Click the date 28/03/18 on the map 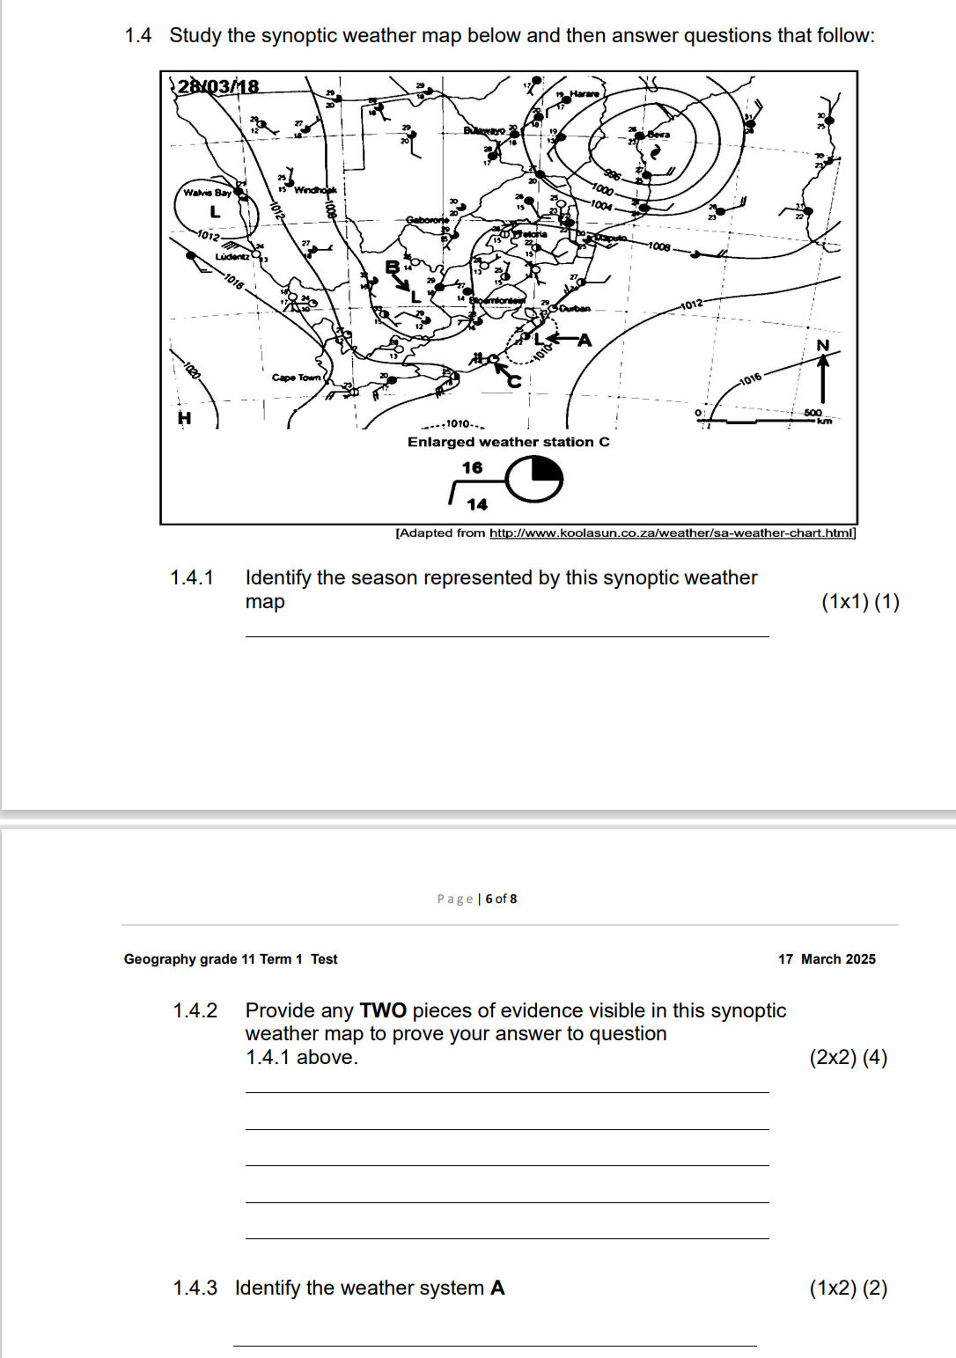click(x=218, y=86)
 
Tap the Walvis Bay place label click(x=207, y=193)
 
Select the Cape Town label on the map click(x=296, y=378)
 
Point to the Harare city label click(x=585, y=93)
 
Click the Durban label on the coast click(x=575, y=309)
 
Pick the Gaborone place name click(x=427, y=220)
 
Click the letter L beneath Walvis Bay click(x=215, y=212)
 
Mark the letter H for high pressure click(x=184, y=418)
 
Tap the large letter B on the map click(x=393, y=267)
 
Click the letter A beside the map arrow click(x=585, y=340)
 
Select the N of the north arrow click(x=823, y=346)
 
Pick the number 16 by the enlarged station click(x=473, y=467)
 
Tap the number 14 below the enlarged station click(x=477, y=504)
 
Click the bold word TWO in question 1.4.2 click(x=383, y=1010)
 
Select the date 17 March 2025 click(x=827, y=959)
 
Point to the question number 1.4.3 click(x=195, y=1288)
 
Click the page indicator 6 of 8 click(x=501, y=899)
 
